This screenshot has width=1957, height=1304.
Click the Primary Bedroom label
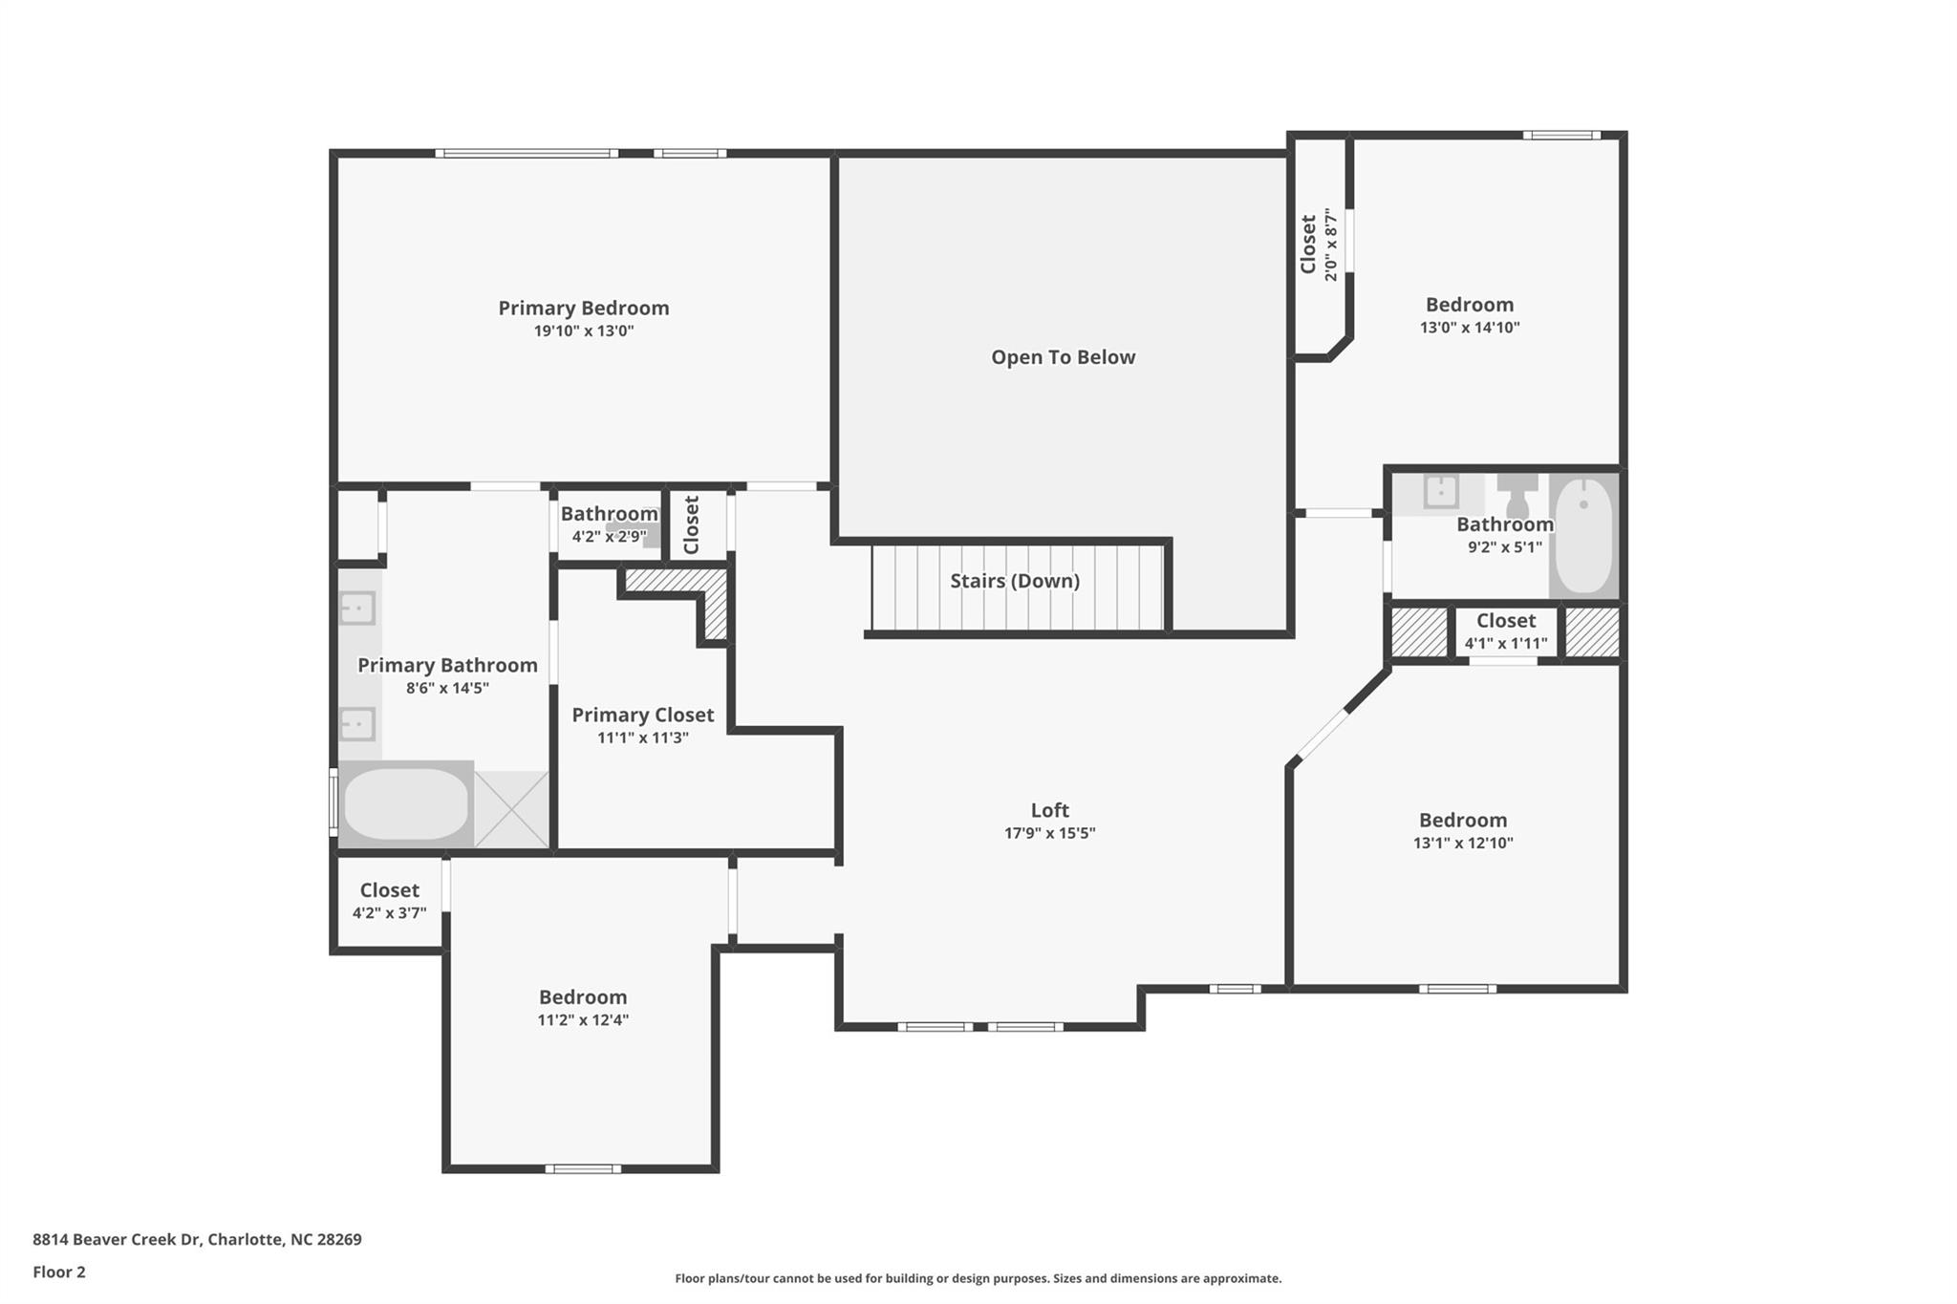point(583,308)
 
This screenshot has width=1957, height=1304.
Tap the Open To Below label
point(1063,357)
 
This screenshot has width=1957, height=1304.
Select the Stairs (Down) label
point(1015,581)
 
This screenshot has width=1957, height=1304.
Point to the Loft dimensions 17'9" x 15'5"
point(1049,833)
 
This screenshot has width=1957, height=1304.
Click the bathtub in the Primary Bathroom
point(406,804)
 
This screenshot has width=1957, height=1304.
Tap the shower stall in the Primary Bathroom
point(511,808)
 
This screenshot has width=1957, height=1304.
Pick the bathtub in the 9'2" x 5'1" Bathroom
point(1583,535)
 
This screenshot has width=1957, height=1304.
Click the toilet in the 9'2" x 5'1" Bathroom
point(1516,493)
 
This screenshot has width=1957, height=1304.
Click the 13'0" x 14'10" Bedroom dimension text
point(1470,328)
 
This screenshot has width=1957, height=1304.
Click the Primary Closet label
point(642,715)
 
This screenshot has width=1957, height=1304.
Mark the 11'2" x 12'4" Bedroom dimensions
point(583,1020)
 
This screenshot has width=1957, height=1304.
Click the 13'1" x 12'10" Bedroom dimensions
point(1463,844)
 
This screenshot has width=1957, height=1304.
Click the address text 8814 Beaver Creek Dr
point(117,1240)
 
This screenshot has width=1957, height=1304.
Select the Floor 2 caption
point(59,1272)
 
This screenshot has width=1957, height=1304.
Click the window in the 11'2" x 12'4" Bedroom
point(583,1168)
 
